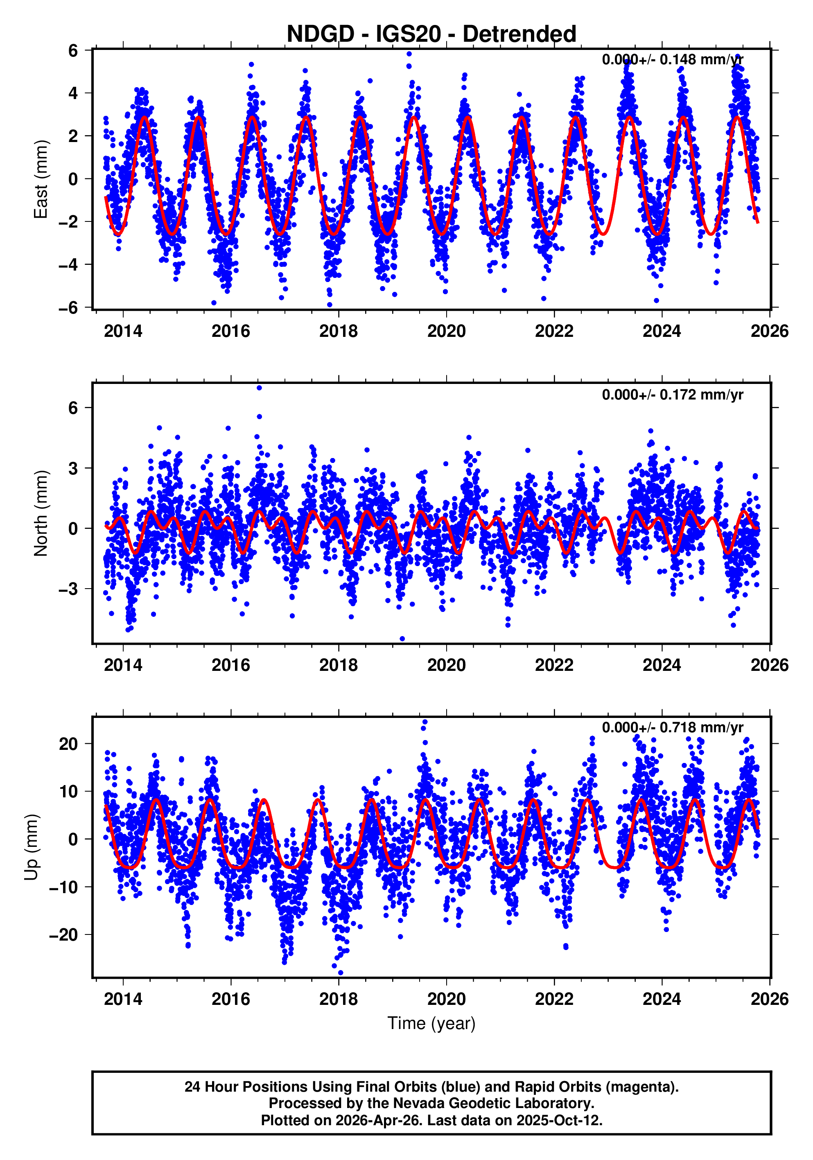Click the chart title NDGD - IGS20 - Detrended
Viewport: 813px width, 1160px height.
pyautogui.click(x=431, y=34)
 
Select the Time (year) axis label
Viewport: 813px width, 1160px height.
pyautogui.click(x=431, y=1023)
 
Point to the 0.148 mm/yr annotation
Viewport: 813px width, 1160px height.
pyautogui.click(x=672, y=60)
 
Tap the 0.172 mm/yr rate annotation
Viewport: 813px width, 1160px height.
pyautogui.click(x=672, y=395)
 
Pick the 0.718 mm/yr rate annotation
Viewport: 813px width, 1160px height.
pyautogui.click(x=672, y=727)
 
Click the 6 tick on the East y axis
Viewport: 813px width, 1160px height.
pyautogui.click(x=73, y=50)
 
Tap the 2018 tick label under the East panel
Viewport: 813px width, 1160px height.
pyautogui.click(x=338, y=332)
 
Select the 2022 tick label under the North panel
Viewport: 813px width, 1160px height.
pyautogui.click(x=554, y=666)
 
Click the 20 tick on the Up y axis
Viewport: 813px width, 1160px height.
pyautogui.click(x=68, y=744)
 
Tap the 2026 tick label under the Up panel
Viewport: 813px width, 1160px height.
pyautogui.click(x=769, y=999)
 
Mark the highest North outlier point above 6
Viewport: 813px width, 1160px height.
pyautogui.click(x=259, y=388)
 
